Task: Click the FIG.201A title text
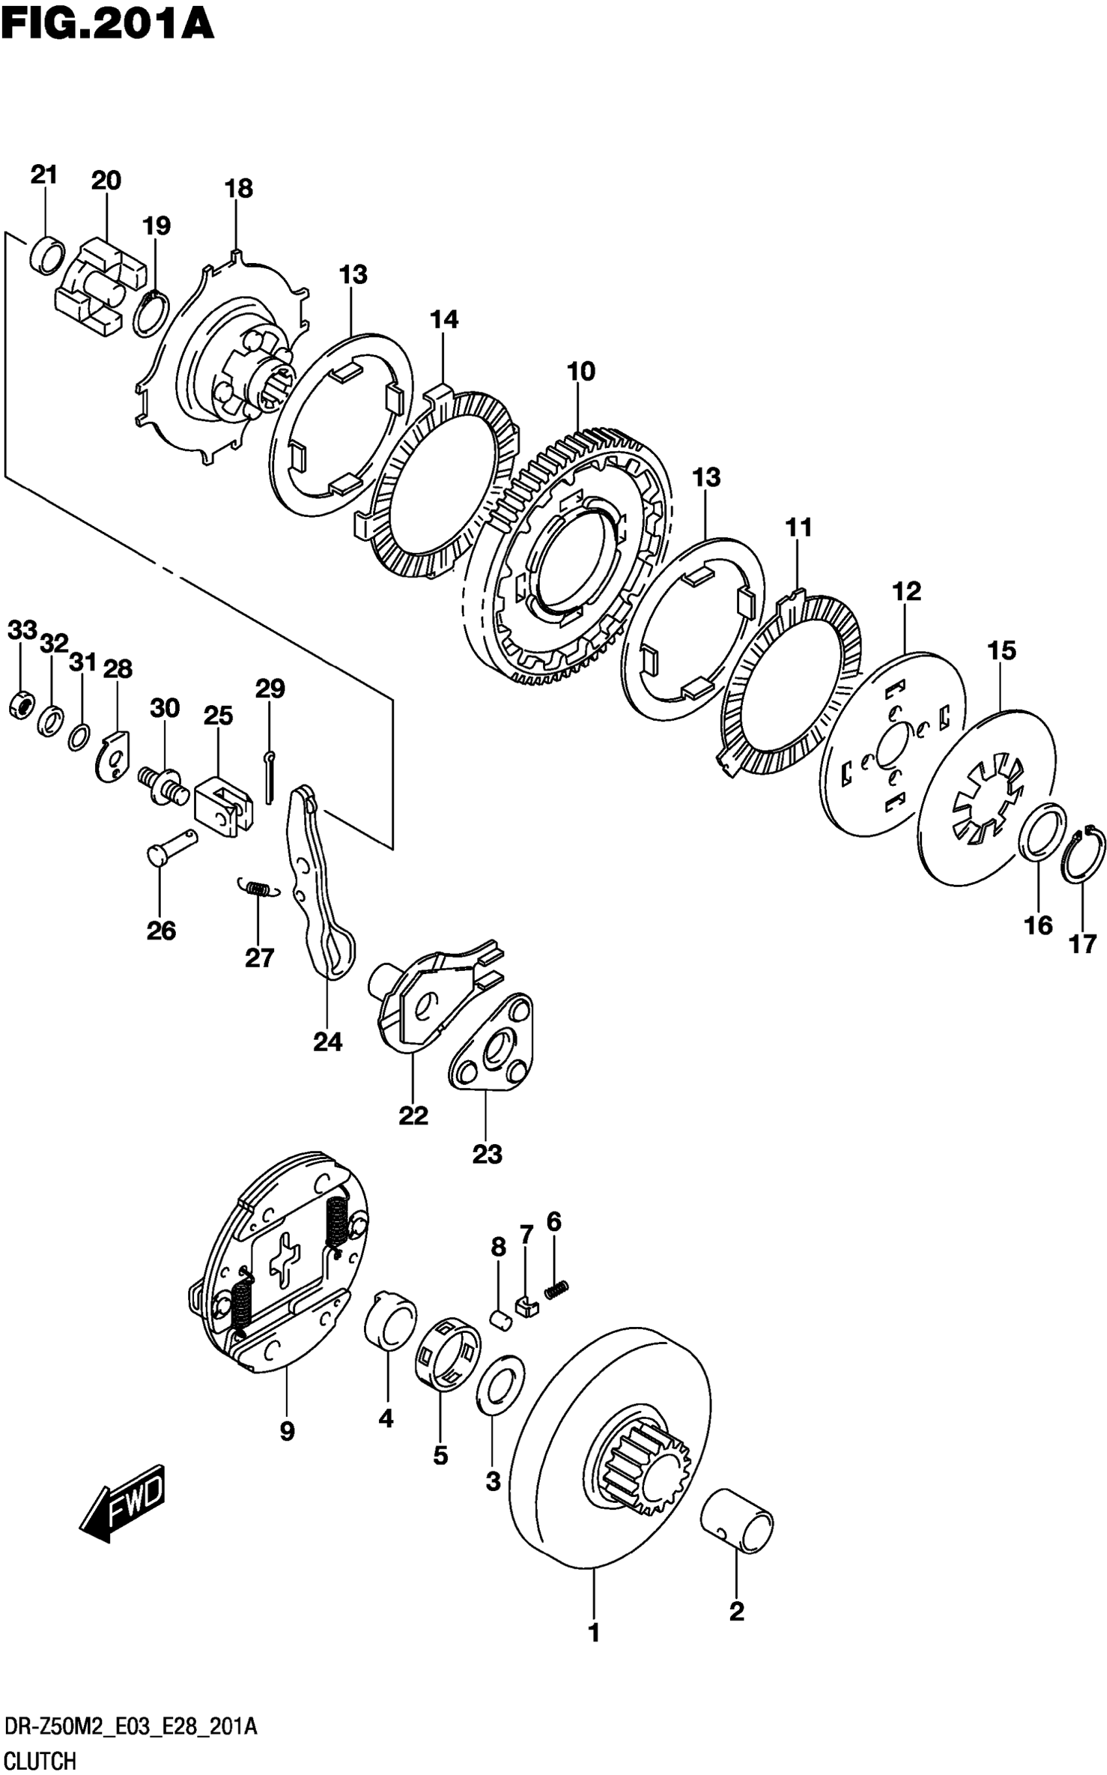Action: (x=107, y=23)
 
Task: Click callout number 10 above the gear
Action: (x=582, y=372)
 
